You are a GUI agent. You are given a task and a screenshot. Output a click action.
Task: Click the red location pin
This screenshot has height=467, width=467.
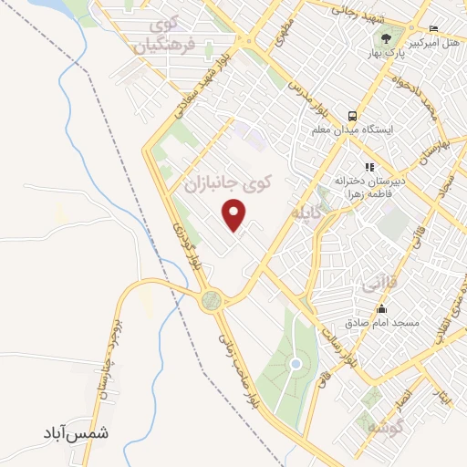tap(236, 214)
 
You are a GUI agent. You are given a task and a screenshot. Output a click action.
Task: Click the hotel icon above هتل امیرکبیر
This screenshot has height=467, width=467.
tap(433, 28)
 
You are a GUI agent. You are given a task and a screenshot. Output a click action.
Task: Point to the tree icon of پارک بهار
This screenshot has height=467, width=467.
tap(387, 38)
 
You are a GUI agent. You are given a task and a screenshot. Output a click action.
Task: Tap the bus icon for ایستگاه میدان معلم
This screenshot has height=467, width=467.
tap(351, 116)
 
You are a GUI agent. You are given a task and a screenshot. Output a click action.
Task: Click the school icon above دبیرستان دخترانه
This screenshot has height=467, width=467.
tap(369, 167)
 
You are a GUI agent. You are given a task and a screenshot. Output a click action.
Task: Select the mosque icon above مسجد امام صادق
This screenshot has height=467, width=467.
tap(381, 309)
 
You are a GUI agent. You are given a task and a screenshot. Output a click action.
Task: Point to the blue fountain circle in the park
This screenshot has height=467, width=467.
tap(295, 364)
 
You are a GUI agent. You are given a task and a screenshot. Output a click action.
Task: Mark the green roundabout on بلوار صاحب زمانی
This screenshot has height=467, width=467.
tap(213, 299)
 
